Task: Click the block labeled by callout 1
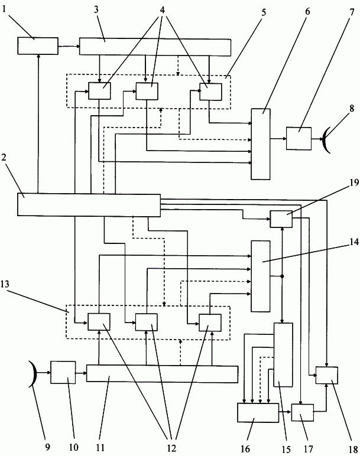tap(38, 46)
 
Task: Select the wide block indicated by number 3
tap(155, 47)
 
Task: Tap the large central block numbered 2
tap(89, 205)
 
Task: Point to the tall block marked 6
tap(261, 144)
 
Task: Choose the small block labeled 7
tap(299, 139)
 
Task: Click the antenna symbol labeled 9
tap(33, 374)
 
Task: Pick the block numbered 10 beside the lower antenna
tap(63, 373)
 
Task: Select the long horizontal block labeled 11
tap(162, 374)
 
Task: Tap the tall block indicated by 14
tap(261, 276)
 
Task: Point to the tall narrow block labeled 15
tap(283, 355)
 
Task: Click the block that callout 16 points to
tap(258, 413)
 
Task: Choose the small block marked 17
tap(303, 412)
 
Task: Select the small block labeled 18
tap(327, 376)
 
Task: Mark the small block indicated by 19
tap(281, 219)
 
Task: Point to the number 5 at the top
tap(264, 13)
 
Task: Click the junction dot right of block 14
tap(282, 276)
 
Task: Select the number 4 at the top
tap(162, 10)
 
